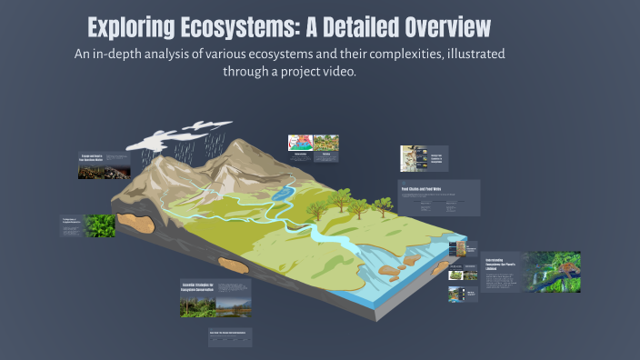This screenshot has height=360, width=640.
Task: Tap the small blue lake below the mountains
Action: pyautogui.click(x=283, y=192)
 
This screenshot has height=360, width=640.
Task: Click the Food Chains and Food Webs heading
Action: pyautogui.click(x=421, y=190)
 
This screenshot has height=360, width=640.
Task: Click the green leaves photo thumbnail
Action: pyautogui.click(x=100, y=225)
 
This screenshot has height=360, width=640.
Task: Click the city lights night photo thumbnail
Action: pyautogui.click(x=104, y=171)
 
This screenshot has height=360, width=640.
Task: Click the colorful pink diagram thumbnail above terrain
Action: pyautogui.click(x=299, y=143)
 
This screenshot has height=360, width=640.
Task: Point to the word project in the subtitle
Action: pyautogui.click(x=288, y=71)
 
